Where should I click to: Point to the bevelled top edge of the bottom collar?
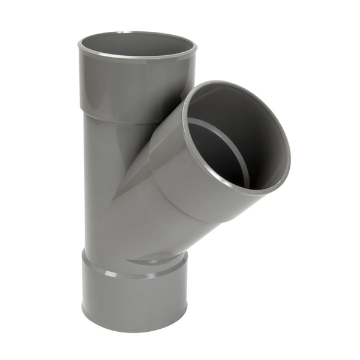coord(120,273)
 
